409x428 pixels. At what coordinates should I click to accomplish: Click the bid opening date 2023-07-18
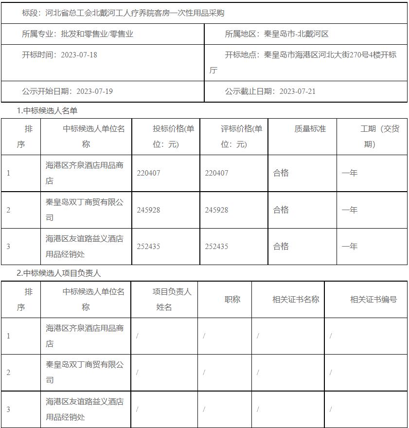click(x=79, y=55)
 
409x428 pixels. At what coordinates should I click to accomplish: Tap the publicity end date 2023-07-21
click(x=297, y=91)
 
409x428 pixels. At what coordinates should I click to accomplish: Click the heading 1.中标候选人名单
click(x=47, y=111)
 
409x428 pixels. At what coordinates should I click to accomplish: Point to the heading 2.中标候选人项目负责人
click(x=59, y=273)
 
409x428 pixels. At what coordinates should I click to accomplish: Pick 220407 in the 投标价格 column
click(x=148, y=173)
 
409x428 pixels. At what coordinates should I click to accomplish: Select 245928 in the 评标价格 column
click(x=216, y=210)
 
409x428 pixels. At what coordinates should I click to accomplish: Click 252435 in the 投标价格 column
click(x=148, y=247)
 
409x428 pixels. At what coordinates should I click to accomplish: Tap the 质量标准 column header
click(x=310, y=129)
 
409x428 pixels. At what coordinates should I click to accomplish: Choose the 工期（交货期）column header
click(x=379, y=136)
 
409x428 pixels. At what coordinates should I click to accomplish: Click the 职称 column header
click(x=232, y=300)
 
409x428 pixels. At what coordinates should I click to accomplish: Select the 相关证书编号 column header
click(x=373, y=300)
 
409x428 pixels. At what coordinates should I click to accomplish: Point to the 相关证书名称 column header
click(x=295, y=300)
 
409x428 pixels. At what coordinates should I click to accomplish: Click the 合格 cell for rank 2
click(x=281, y=210)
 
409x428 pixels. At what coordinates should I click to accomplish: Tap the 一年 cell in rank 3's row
click(x=349, y=247)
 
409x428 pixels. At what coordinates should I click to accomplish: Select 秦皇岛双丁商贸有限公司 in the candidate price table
click(x=85, y=210)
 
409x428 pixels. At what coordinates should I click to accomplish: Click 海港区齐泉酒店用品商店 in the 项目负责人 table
click(x=85, y=336)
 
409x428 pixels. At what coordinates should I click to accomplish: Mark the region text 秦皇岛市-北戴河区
click(x=296, y=34)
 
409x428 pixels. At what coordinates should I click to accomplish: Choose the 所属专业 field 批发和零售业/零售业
click(x=97, y=34)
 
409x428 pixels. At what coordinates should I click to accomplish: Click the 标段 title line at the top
click(x=123, y=13)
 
